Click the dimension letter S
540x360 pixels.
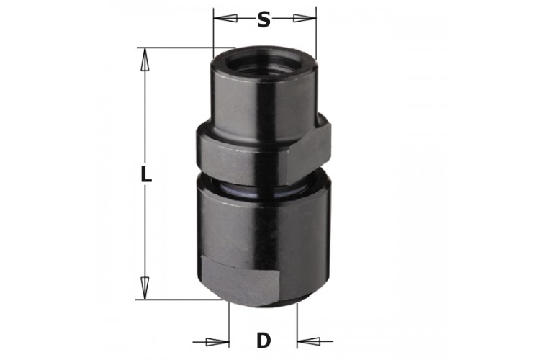[264, 19]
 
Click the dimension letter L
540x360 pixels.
[146, 174]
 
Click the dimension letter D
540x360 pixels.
[264, 341]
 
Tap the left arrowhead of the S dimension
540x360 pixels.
[225, 18]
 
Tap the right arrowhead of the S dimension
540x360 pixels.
[305, 18]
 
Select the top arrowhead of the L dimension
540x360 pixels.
[145, 59]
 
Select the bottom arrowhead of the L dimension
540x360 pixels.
[145, 287]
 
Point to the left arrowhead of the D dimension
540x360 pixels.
[217, 342]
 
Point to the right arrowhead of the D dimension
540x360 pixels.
[309, 341]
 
